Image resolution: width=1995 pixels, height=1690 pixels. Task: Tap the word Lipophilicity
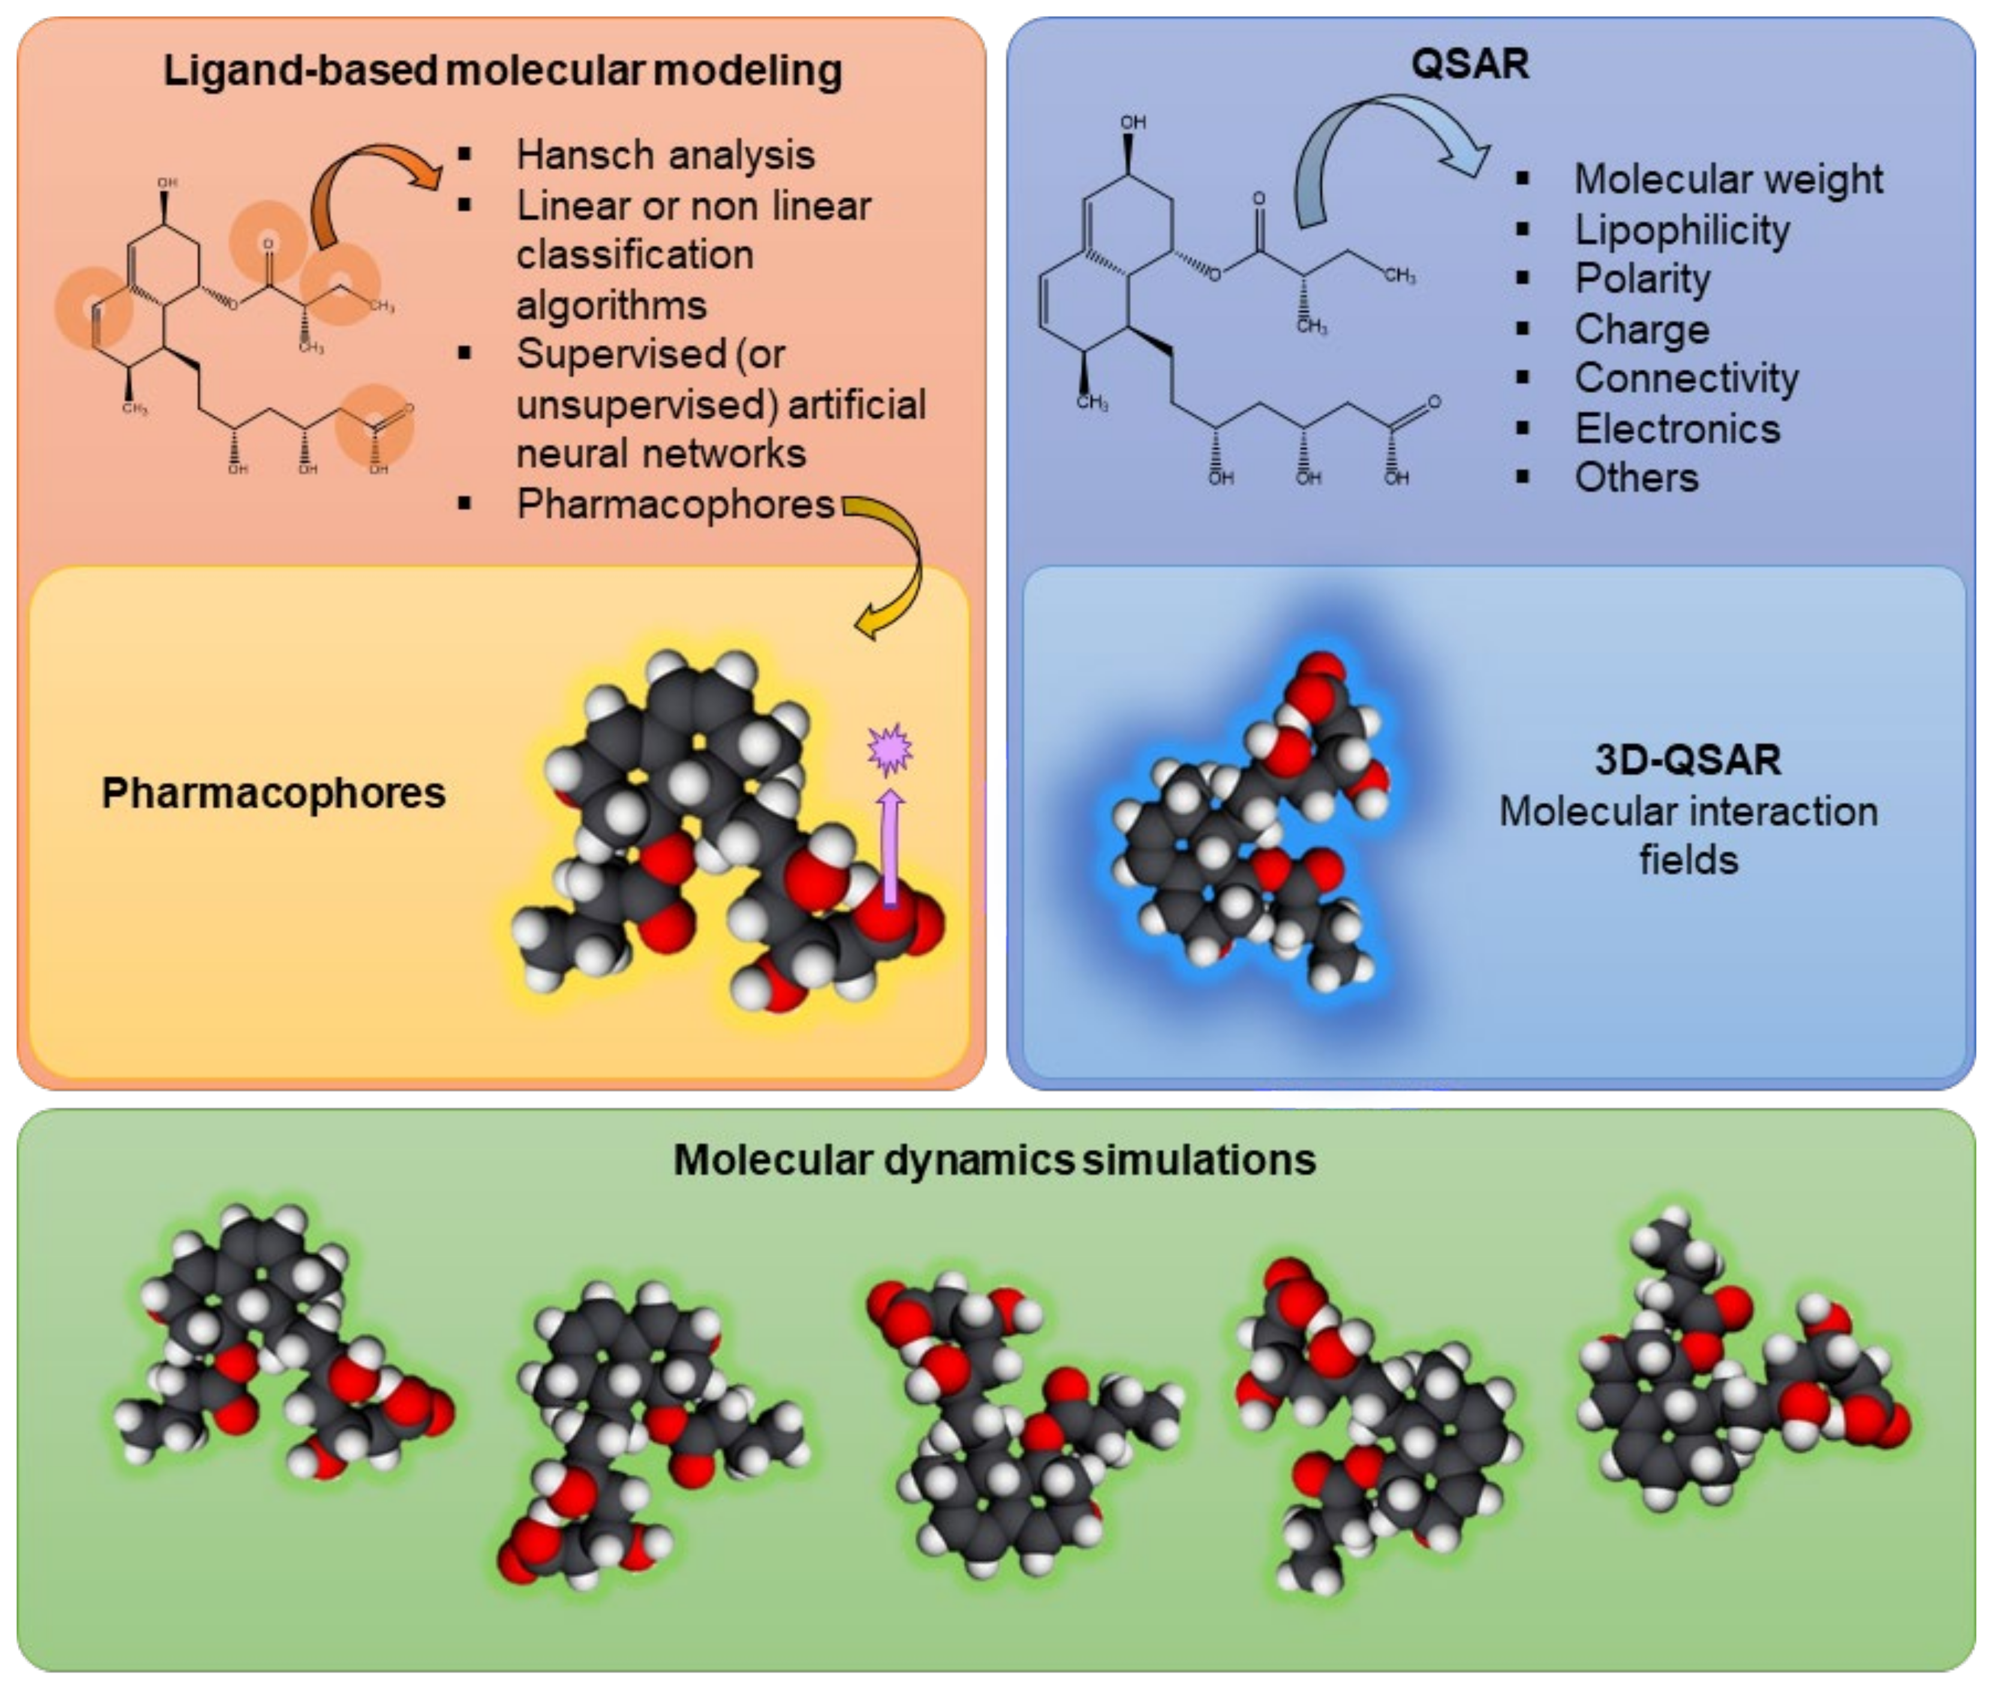pos(1682,230)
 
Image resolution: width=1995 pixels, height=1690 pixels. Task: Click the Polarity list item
pos(1642,279)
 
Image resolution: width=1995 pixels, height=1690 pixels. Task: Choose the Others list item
pos(1636,477)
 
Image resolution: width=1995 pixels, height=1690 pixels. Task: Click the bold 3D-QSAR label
pos(1687,760)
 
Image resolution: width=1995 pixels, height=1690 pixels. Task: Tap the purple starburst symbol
pos(889,749)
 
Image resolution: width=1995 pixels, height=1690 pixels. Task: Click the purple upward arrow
pos(890,848)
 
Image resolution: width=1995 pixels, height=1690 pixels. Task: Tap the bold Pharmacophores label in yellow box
pos(274,793)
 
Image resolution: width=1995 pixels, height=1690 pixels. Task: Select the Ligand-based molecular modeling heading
pos(503,71)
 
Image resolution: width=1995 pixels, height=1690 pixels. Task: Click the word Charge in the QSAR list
pos(1642,329)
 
